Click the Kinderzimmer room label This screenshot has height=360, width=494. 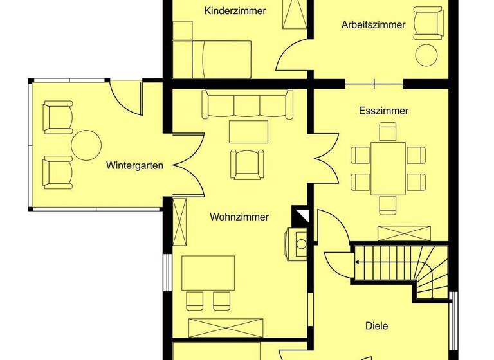tap(235, 11)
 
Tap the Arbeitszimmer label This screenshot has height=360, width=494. tap(373, 25)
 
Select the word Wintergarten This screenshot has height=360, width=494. tap(134, 165)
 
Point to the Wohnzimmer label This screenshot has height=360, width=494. tap(239, 217)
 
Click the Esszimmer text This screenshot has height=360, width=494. tap(383, 111)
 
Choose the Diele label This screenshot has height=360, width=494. tap(377, 326)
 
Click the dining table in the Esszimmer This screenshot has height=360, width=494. tap(387, 168)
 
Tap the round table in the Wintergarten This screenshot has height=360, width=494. tap(86, 145)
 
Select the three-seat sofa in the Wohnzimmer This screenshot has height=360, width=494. tap(247, 104)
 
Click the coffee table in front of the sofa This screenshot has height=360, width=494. tap(248, 131)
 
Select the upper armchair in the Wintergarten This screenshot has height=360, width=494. tap(57, 116)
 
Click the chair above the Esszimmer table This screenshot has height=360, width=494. tap(387, 132)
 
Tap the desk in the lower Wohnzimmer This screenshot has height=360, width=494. tap(208, 273)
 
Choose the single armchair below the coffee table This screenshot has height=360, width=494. tap(248, 163)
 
